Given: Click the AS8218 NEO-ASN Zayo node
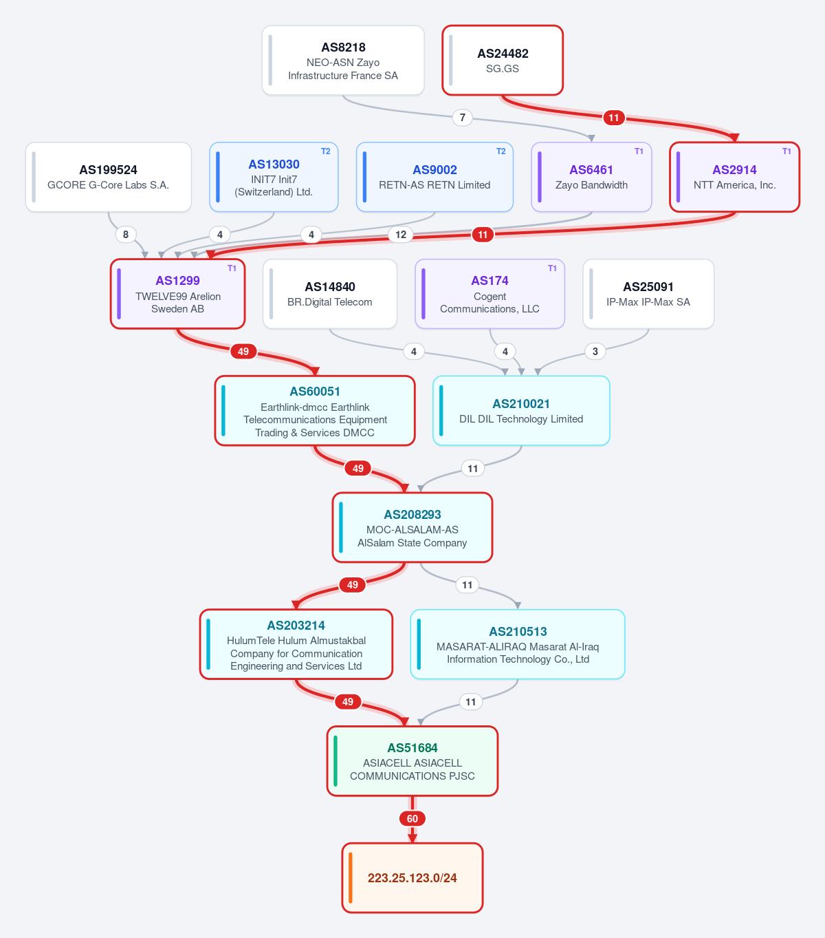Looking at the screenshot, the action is tap(343, 60).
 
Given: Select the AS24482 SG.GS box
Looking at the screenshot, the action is tap(503, 60).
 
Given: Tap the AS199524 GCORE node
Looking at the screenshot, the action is tap(108, 177).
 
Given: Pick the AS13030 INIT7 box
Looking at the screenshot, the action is tap(274, 177).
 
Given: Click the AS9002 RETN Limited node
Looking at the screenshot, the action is tap(434, 177).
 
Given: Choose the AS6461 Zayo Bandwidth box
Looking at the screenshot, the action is tap(591, 177).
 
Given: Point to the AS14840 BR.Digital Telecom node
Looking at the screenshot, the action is tap(330, 294).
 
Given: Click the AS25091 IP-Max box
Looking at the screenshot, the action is tap(648, 294).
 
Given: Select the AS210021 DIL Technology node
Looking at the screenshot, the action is tap(521, 411).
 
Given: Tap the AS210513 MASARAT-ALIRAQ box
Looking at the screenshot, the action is tap(518, 644).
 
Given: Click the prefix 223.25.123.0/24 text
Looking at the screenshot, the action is tap(412, 878).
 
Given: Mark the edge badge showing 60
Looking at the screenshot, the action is tap(412, 818).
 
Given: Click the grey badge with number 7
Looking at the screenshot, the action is tap(463, 118).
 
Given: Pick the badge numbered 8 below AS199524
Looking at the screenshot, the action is tap(125, 234).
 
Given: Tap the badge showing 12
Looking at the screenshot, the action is tap(401, 234).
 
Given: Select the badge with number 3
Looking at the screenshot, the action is tap(595, 352).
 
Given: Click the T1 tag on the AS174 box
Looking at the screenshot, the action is tap(552, 268).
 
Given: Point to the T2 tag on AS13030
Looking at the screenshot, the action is tap(326, 151).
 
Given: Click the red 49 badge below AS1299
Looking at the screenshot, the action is tap(243, 352).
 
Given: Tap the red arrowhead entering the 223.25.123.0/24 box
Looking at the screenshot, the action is tap(412, 838).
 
